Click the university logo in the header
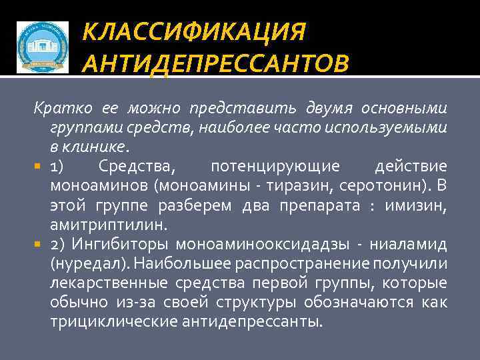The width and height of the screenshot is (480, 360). [42, 47]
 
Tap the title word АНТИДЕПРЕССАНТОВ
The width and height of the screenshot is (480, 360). [215, 65]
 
